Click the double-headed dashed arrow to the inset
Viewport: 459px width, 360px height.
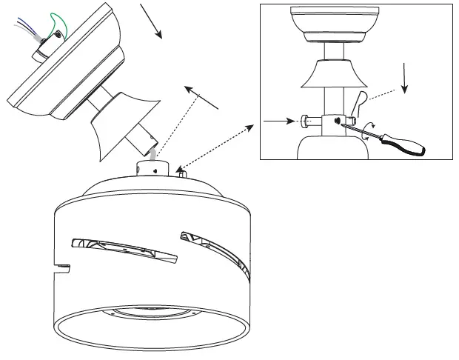coord(215,144)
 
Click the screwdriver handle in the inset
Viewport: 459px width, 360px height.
coord(404,144)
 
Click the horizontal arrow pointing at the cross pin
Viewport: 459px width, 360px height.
coord(281,119)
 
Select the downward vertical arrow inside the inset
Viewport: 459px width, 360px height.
coord(405,78)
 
